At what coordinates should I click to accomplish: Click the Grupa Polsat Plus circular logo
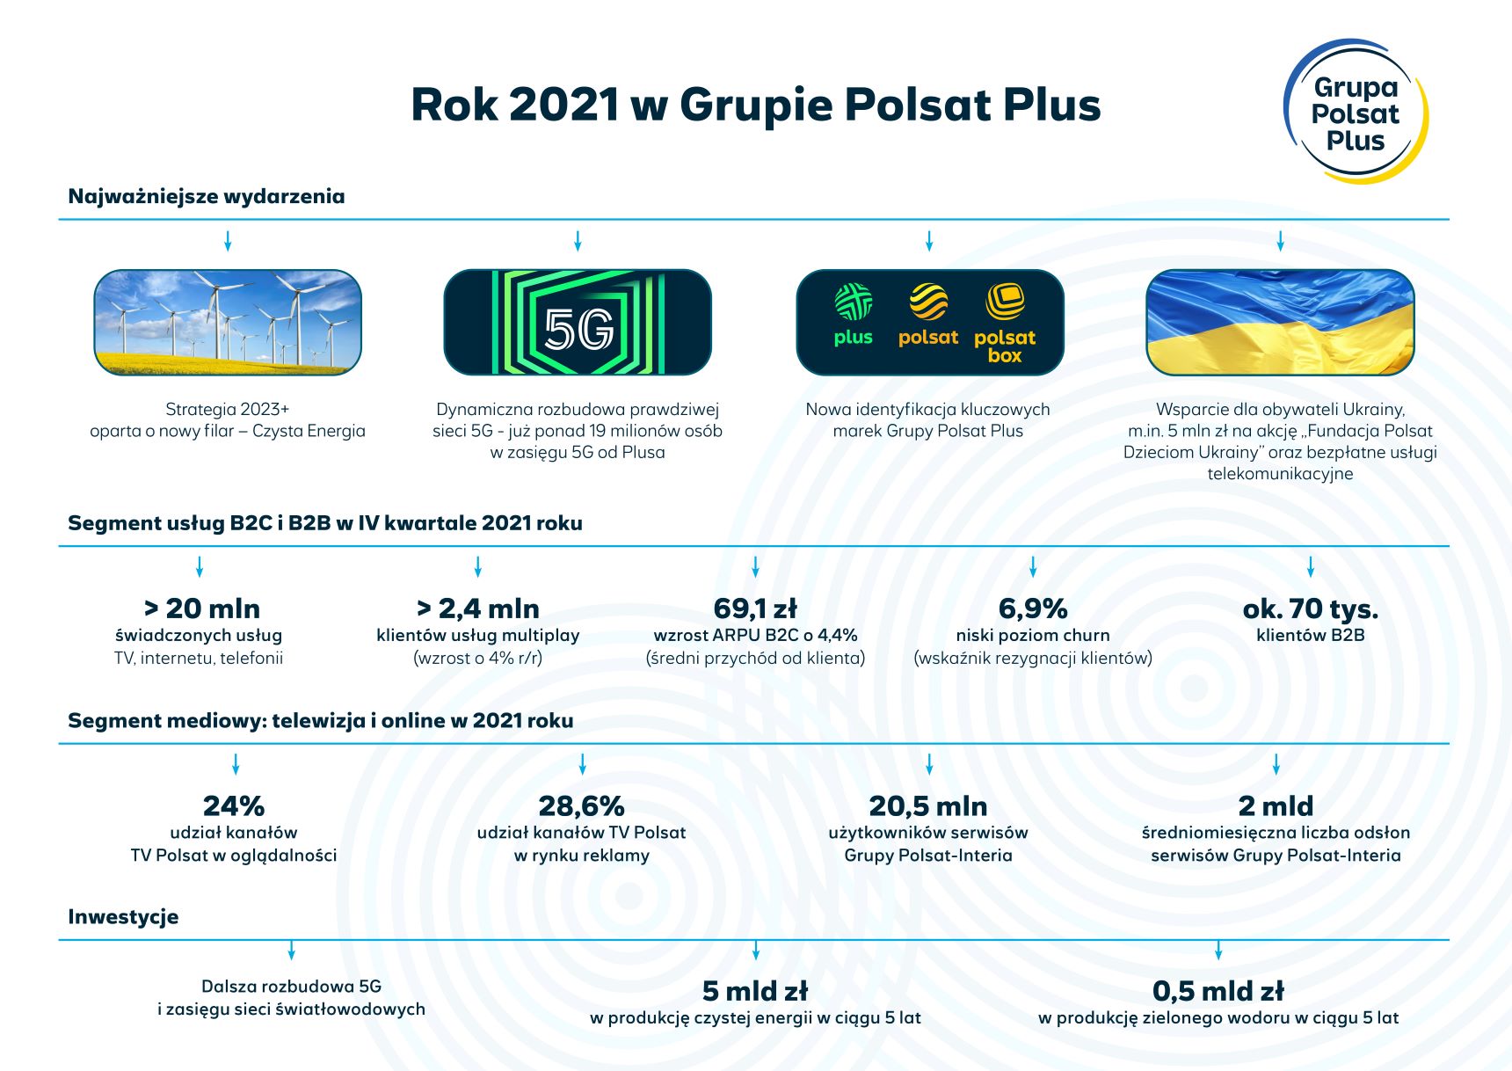(x=1355, y=113)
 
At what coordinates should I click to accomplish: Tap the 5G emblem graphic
(x=578, y=323)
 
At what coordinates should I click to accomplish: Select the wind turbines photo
(x=228, y=323)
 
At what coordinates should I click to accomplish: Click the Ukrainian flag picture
(x=1280, y=323)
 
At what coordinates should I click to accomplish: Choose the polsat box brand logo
(x=1005, y=323)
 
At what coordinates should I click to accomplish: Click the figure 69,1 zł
(x=755, y=608)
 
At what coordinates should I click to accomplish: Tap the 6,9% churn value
(x=1033, y=608)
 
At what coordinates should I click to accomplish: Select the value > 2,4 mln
(x=477, y=608)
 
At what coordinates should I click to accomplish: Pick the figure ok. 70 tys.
(x=1310, y=608)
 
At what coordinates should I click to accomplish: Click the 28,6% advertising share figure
(x=581, y=805)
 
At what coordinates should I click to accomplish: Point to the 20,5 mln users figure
(x=928, y=805)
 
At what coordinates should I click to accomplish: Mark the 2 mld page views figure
(x=1276, y=805)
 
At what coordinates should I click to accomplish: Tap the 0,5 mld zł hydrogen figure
(x=1218, y=991)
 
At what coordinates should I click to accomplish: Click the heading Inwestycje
(x=123, y=917)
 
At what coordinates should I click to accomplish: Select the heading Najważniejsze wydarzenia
(x=206, y=196)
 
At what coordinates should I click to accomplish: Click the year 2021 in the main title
(x=563, y=105)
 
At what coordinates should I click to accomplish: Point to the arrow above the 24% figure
(x=235, y=764)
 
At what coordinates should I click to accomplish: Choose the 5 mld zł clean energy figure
(x=755, y=991)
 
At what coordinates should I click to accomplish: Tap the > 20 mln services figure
(x=201, y=608)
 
